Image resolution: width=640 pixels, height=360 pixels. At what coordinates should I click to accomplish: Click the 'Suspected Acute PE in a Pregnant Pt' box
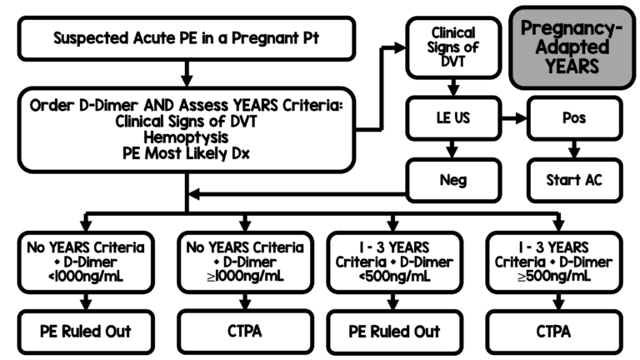pos(186,38)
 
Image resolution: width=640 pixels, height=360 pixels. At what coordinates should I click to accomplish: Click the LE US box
pos(452,117)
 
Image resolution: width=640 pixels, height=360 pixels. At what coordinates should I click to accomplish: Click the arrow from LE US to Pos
pos(513,117)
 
